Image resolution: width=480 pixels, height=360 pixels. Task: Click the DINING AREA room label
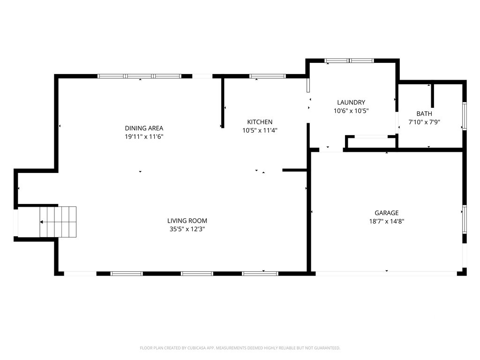click(144, 128)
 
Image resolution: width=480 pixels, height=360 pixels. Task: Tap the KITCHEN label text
click(260, 122)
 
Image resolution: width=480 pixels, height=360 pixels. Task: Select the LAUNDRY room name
click(351, 102)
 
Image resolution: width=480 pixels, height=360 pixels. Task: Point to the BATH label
click(424, 113)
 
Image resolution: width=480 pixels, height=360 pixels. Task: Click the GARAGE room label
click(387, 213)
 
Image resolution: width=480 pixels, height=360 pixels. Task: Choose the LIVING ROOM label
click(187, 221)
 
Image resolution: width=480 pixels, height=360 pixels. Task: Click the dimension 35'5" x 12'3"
click(187, 229)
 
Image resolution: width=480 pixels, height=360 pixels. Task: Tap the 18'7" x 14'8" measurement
click(387, 221)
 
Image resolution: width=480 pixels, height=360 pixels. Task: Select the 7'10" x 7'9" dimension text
click(424, 122)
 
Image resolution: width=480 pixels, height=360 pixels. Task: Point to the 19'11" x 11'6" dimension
click(144, 136)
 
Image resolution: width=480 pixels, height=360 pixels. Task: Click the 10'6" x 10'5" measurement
click(351, 111)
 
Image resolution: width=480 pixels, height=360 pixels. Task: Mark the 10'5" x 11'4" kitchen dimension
click(260, 130)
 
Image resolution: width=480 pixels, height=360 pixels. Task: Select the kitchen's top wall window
click(268, 76)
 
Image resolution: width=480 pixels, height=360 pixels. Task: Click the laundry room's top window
click(349, 60)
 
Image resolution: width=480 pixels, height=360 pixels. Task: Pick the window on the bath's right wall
click(465, 116)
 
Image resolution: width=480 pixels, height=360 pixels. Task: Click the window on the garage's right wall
click(465, 219)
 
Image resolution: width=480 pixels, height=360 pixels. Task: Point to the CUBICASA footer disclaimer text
click(240, 348)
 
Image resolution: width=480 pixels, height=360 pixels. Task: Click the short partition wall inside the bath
click(433, 96)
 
